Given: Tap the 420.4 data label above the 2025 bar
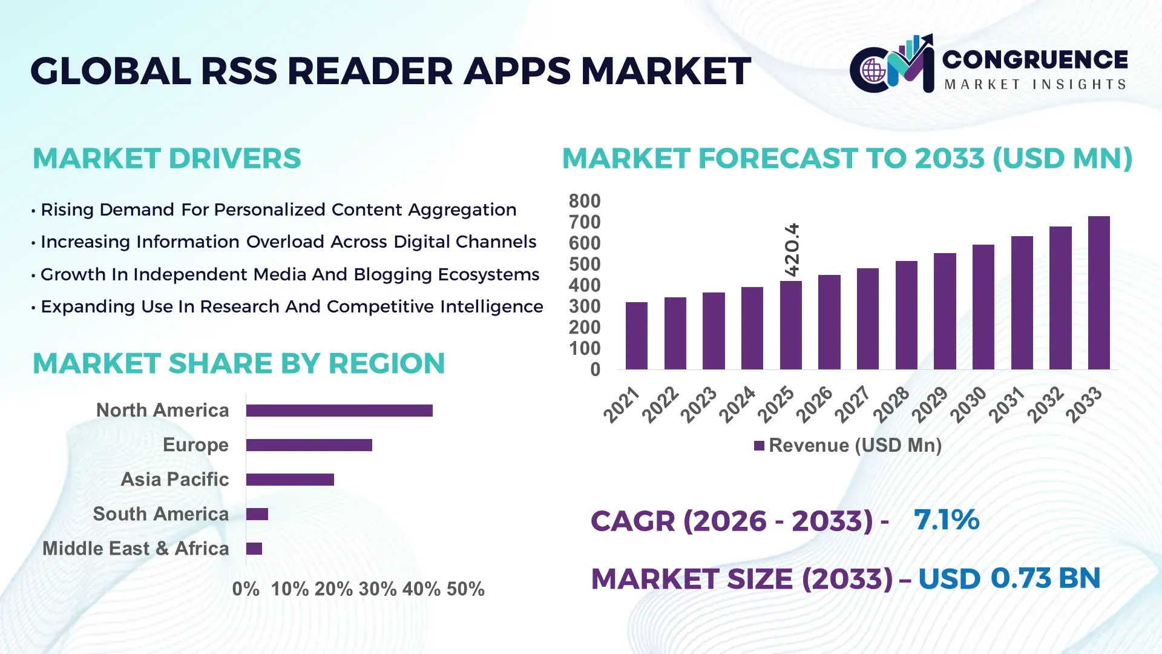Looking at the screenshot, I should (x=792, y=249).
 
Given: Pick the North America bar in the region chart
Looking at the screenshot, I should (x=339, y=411).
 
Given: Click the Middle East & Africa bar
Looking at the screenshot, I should (x=254, y=549).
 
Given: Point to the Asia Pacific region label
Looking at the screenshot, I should (x=175, y=479).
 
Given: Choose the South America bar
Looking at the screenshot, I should (x=257, y=514).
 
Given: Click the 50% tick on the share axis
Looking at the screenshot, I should (x=465, y=589).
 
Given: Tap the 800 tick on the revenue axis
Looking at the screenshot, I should (x=584, y=201).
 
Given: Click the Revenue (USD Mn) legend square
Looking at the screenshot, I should (x=759, y=446).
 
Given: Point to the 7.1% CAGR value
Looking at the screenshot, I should (x=946, y=520).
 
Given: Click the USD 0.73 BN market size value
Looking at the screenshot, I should (x=1009, y=578).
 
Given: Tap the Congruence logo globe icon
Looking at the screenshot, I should (x=873, y=71).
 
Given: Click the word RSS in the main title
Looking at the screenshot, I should (x=239, y=71).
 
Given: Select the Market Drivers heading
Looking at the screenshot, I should (x=166, y=159).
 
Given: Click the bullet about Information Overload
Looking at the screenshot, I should (x=288, y=242).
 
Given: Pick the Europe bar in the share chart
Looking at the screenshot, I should (x=309, y=445).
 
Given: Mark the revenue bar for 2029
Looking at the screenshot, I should (x=945, y=311).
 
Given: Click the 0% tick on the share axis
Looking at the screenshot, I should (x=246, y=589).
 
